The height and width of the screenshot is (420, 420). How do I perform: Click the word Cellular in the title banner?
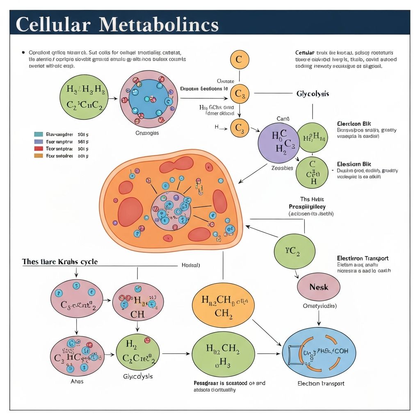pyautogui.click(x=53, y=25)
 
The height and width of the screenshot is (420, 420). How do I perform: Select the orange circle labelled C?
pyautogui.click(x=239, y=60)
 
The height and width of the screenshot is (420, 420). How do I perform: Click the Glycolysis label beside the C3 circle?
pyautogui.click(x=313, y=94)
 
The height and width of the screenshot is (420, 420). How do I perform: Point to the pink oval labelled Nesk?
pyautogui.click(x=319, y=287)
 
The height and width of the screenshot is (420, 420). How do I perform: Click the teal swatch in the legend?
pyautogui.click(x=39, y=134)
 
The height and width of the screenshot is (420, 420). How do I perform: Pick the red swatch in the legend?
pyautogui.click(x=39, y=148)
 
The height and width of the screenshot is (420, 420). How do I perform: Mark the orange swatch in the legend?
pyautogui.click(x=39, y=156)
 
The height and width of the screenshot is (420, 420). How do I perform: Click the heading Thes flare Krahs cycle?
pyautogui.click(x=60, y=262)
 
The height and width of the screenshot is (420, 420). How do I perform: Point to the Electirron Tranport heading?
pyautogui.click(x=363, y=258)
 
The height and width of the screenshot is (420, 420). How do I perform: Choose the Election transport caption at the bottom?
pyautogui.click(x=321, y=383)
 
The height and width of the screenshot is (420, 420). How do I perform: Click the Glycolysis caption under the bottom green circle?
pyautogui.click(x=138, y=376)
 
